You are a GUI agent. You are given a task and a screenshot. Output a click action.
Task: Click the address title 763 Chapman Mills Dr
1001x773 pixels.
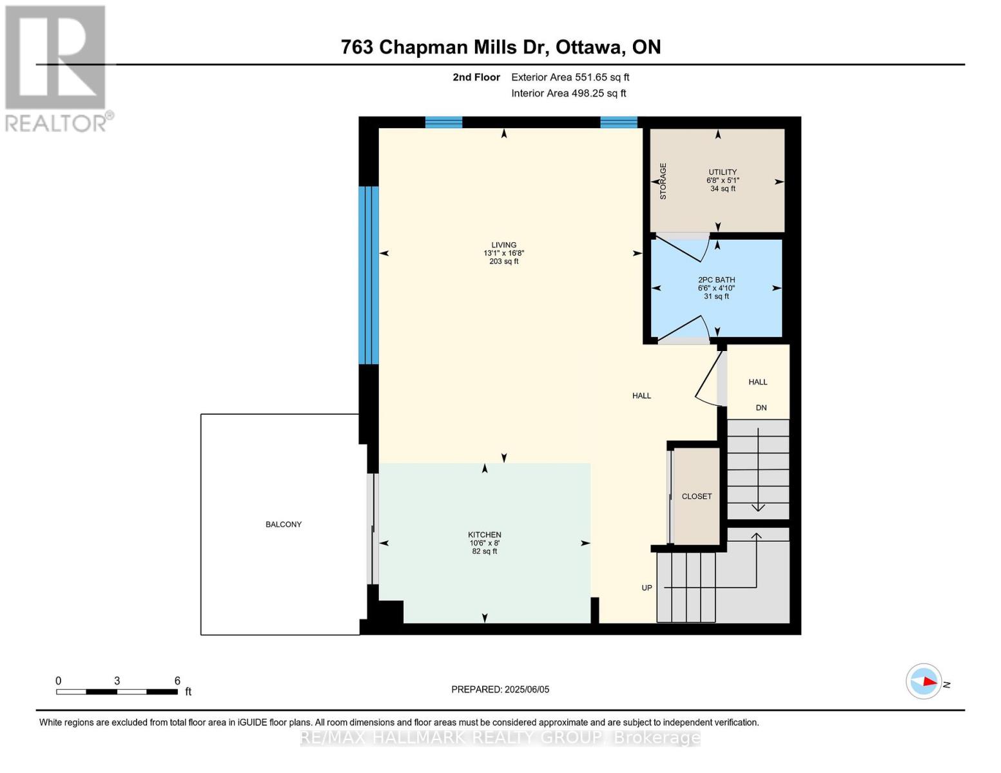(500, 47)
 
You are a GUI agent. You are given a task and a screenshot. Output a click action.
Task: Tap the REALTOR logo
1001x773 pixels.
(56, 68)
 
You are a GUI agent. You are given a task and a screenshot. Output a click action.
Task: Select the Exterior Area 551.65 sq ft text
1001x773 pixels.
(570, 77)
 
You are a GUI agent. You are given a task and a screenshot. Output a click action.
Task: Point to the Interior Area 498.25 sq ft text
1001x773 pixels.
(569, 93)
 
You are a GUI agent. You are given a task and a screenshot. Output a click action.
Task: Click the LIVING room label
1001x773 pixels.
(503, 245)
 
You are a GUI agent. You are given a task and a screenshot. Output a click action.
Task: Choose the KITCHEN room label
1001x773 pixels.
(484, 535)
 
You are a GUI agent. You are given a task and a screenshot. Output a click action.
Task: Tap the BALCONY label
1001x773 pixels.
(284, 524)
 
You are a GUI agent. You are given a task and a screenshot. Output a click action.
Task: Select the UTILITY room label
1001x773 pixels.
(723, 172)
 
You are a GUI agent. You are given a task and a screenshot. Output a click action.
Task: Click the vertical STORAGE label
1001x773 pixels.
(663, 181)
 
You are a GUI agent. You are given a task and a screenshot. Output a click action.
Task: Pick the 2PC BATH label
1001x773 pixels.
(716, 280)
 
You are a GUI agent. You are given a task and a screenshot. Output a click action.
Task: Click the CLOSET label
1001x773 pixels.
(697, 497)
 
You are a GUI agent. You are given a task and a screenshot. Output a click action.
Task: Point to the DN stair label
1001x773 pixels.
(761, 408)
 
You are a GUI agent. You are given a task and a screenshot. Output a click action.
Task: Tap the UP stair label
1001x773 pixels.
(646, 587)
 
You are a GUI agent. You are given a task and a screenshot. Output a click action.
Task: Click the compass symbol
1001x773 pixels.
(924, 681)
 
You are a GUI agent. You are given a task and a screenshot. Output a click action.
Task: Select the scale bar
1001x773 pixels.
(117, 692)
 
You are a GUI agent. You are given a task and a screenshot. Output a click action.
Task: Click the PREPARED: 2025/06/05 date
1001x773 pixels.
(500, 689)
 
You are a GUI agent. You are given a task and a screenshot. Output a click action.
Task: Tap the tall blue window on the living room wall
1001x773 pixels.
(369, 276)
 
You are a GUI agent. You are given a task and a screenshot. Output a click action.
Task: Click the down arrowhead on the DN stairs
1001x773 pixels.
(758, 508)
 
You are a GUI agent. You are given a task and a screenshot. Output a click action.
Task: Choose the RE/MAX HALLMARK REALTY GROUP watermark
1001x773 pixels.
(500, 738)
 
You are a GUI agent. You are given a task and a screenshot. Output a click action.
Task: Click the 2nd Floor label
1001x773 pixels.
(476, 77)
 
